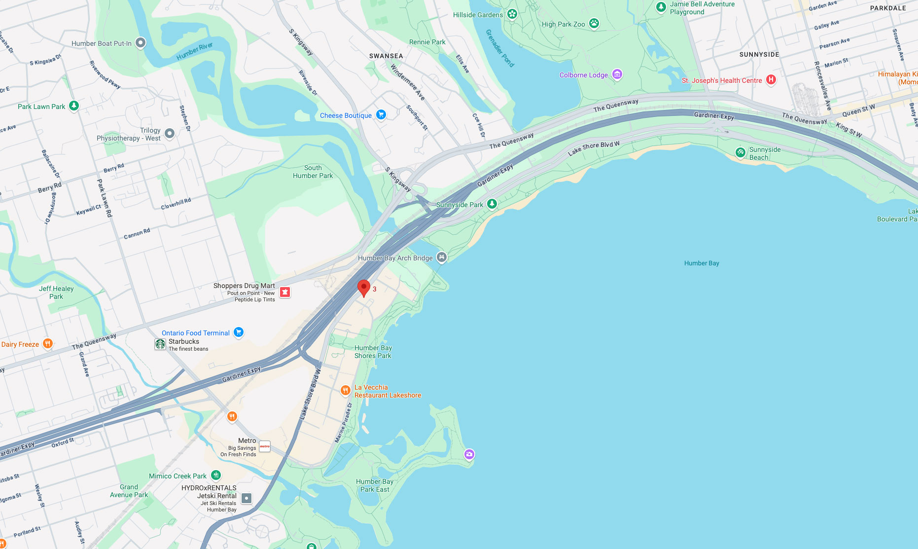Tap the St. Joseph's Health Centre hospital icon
point(771,80)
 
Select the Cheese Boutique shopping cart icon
point(381,115)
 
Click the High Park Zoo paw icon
point(594,23)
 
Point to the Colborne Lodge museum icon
point(617,74)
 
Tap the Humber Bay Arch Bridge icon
point(442,257)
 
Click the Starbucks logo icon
point(160,344)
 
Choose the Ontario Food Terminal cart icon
point(239,332)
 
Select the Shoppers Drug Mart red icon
point(284,292)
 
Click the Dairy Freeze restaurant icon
point(47,344)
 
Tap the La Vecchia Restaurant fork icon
point(345,391)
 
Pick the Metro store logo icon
point(265,447)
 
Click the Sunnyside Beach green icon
point(740,153)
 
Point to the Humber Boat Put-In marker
point(141,43)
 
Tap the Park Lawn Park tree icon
point(74,106)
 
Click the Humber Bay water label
point(701,263)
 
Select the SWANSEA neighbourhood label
point(386,56)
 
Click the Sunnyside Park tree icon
point(492,204)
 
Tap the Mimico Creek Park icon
point(216,476)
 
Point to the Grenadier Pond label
point(500,48)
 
